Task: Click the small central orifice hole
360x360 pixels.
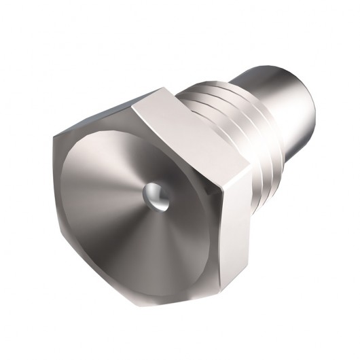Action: tap(153, 195)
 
